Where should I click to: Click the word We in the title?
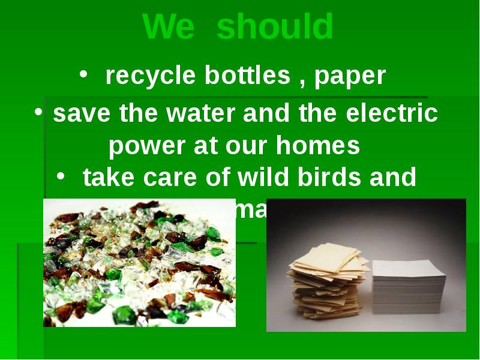169,27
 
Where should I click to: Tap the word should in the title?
275,27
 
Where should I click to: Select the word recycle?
151,76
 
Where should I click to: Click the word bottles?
247,76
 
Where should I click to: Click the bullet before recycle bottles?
84,74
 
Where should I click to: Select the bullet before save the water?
38,112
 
